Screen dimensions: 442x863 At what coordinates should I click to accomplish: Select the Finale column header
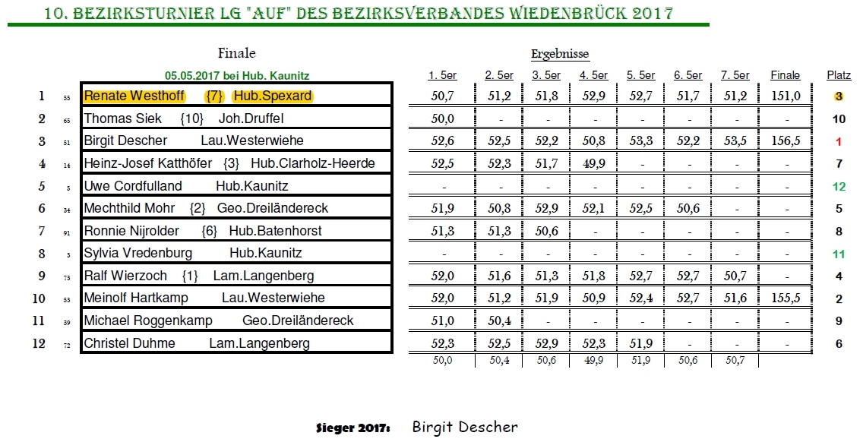click(786, 75)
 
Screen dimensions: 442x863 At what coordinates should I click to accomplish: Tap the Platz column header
click(839, 75)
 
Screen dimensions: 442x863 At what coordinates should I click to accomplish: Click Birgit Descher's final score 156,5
click(786, 141)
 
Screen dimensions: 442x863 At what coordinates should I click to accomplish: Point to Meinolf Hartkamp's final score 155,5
click(786, 298)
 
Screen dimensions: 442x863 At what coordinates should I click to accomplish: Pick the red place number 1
click(839, 141)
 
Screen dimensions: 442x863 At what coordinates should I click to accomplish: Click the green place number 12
click(839, 187)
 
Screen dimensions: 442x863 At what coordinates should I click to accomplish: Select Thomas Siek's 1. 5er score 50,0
click(443, 119)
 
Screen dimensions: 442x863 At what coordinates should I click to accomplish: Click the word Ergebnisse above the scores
click(560, 54)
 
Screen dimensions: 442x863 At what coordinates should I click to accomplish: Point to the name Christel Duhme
click(129, 343)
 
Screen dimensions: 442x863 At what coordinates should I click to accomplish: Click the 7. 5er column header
click(735, 75)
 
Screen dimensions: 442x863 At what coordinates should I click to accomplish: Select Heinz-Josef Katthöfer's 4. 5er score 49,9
click(593, 164)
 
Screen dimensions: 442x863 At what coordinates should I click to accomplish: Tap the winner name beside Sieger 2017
click(465, 427)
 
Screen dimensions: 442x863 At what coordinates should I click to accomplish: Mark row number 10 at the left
click(40, 298)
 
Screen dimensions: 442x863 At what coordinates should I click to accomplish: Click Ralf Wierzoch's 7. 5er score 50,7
click(735, 276)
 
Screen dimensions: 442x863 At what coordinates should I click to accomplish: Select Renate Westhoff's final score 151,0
click(786, 96)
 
